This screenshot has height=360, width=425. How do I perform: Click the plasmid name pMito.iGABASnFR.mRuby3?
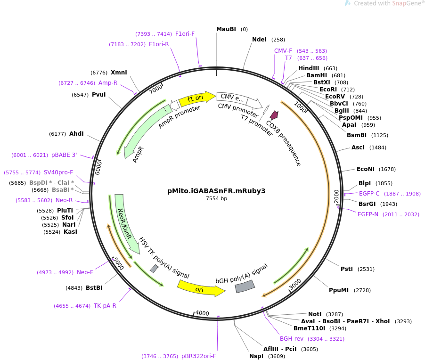[x=216, y=191]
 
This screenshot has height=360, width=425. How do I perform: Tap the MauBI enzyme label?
[x=226, y=29]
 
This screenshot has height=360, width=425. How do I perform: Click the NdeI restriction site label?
[x=259, y=40]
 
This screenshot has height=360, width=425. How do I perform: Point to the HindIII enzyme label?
[x=309, y=68]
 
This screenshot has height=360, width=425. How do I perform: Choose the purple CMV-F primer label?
[x=283, y=51]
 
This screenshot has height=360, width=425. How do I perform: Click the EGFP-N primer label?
[x=368, y=214]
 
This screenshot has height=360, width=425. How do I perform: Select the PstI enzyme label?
[x=347, y=269]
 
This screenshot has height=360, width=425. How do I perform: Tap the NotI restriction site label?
[x=315, y=314]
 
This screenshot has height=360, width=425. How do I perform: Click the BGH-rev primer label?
[x=292, y=339]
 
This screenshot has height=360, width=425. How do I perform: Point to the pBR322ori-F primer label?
[x=198, y=356]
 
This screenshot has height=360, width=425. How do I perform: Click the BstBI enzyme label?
[x=94, y=288]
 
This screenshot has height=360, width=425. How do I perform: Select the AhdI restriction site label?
[x=76, y=134]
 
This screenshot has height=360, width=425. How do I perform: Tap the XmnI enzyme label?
[x=119, y=73]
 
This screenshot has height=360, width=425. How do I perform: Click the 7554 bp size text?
[x=216, y=199]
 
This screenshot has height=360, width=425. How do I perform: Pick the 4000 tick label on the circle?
[x=202, y=313]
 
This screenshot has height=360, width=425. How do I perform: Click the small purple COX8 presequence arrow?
[x=274, y=115]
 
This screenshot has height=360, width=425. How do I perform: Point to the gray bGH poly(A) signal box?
[x=245, y=286]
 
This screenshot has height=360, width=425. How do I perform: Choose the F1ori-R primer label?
[x=159, y=44]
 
